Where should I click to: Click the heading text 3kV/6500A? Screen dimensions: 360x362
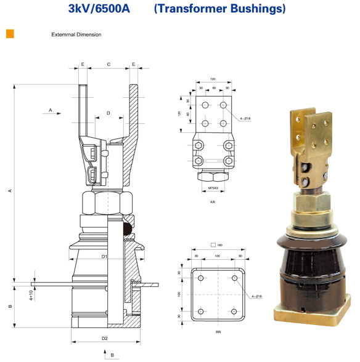point(99,9)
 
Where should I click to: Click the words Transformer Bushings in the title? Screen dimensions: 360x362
point(220,9)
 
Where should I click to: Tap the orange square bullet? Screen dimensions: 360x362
point(10,34)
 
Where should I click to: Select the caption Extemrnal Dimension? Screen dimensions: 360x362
point(76,34)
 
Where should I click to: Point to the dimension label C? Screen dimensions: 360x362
point(108,64)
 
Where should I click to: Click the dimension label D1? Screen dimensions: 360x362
point(104,257)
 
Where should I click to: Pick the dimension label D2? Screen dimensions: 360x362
point(105,338)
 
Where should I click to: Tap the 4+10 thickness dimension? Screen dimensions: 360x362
point(31,296)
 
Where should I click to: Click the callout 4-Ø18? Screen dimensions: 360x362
point(245,118)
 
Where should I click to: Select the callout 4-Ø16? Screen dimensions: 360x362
point(257,296)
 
